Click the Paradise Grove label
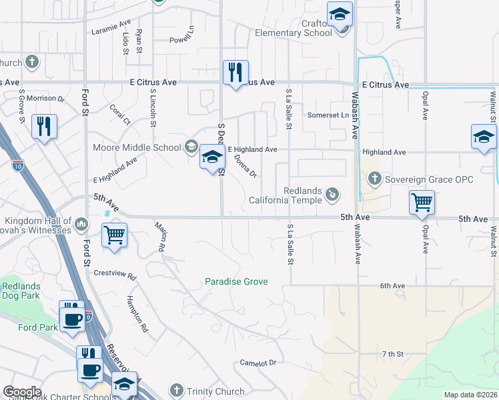coord(236,282)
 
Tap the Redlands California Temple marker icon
coord(332,195)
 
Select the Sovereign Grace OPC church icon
coord(374,179)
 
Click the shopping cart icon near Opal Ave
coord(422,202)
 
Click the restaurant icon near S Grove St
coord(44,126)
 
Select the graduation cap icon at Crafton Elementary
coord(340,14)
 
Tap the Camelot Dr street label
coord(258,363)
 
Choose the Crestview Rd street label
coord(115,273)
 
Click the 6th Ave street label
coord(393,285)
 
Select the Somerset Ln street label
coord(328,115)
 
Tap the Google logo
coord(22,392)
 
